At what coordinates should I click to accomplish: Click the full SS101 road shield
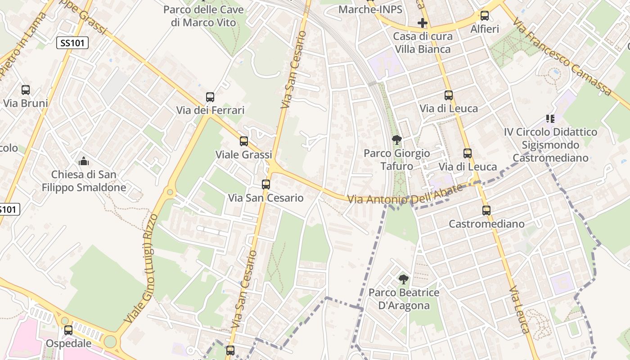(72, 43)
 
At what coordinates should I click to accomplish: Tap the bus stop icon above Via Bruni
(26, 90)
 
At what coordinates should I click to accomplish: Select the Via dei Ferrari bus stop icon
(210, 97)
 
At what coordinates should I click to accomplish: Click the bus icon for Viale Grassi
(244, 141)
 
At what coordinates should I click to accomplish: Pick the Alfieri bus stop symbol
(485, 16)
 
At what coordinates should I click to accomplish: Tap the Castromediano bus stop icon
(486, 211)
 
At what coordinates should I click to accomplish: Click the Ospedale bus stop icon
(68, 330)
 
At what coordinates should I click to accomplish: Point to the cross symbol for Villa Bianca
(422, 22)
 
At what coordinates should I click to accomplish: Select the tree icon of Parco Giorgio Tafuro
(396, 140)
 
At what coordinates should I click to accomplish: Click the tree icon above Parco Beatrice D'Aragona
(404, 279)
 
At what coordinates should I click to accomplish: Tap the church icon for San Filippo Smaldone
(84, 161)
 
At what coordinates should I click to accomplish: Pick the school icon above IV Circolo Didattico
(550, 119)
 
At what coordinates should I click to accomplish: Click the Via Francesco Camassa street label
(562, 57)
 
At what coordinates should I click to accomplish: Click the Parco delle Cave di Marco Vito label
(203, 16)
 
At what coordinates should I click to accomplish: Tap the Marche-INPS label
(370, 9)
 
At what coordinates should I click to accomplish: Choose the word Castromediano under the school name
(550, 158)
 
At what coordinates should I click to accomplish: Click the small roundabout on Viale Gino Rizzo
(170, 192)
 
